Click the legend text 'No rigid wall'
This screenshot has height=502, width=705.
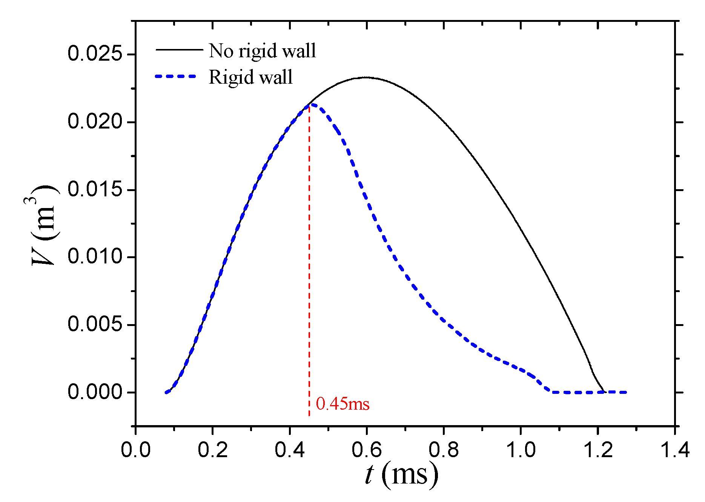[x=262, y=51]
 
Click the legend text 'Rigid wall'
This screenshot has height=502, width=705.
[x=250, y=77]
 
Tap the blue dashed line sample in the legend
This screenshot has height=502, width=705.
[x=176, y=76]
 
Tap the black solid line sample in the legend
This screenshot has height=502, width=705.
[x=179, y=49]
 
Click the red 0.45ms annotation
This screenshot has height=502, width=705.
[x=343, y=404]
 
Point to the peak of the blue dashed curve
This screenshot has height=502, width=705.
[x=312, y=104]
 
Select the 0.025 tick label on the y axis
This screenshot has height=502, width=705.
[x=95, y=54]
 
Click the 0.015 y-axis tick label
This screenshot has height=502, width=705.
[x=95, y=189]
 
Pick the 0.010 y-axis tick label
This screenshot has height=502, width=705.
[x=95, y=257]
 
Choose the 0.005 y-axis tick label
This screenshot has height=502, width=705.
[x=95, y=324]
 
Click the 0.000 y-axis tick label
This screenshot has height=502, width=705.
[x=95, y=392]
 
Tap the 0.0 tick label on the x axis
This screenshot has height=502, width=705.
[x=136, y=450]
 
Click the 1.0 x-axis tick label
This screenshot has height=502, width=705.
[x=521, y=450]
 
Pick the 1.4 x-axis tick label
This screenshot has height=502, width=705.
[x=674, y=450]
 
